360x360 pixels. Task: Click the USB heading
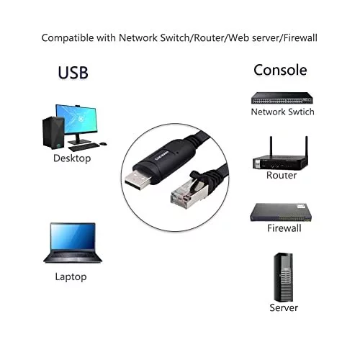(x=73, y=73)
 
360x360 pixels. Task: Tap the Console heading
(x=280, y=70)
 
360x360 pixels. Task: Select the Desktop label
(x=72, y=158)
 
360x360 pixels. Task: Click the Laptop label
(x=71, y=277)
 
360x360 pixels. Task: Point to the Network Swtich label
(x=282, y=112)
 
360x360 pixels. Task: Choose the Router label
(x=282, y=175)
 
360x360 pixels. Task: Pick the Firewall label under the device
(x=284, y=228)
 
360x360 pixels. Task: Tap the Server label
(x=284, y=307)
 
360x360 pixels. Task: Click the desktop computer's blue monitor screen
(x=77, y=120)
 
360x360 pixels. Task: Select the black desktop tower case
(x=53, y=133)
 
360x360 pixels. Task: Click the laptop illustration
(x=73, y=243)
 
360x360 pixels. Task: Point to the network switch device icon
(x=282, y=98)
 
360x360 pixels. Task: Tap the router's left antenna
(x=271, y=147)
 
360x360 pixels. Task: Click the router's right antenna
(x=306, y=147)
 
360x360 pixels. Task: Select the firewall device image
(x=281, y=212)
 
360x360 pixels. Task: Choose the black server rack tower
(x=283, y=277)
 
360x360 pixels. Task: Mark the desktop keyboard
(x=84, y=147)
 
